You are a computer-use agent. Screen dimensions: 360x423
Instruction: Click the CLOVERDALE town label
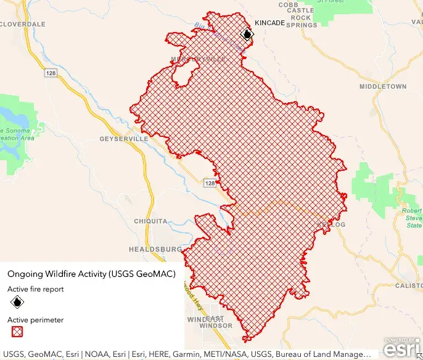[x=23, y=23]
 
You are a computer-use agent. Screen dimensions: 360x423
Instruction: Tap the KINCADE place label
[x=270, y=23]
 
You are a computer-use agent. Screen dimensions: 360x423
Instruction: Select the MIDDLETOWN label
[x=382, y=87]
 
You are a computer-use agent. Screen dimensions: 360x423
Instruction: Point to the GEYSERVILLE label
[x=124, y=139]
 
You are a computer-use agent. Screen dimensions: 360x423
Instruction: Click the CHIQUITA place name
[x=150, y=221]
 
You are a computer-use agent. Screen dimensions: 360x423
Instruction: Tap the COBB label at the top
[x=288, y=4]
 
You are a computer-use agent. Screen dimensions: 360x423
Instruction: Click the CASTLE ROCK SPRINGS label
[x=300, y=18]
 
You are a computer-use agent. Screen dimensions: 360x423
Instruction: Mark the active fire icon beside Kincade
[x=247, y=35]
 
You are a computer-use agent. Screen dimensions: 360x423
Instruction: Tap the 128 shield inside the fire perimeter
[x=210, y=184]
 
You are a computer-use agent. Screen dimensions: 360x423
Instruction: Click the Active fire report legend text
[x=35, y=288]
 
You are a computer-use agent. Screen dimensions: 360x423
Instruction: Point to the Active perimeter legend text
[x=35, y=320]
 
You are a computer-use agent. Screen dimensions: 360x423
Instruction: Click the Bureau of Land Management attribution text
[x=323, y=354]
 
